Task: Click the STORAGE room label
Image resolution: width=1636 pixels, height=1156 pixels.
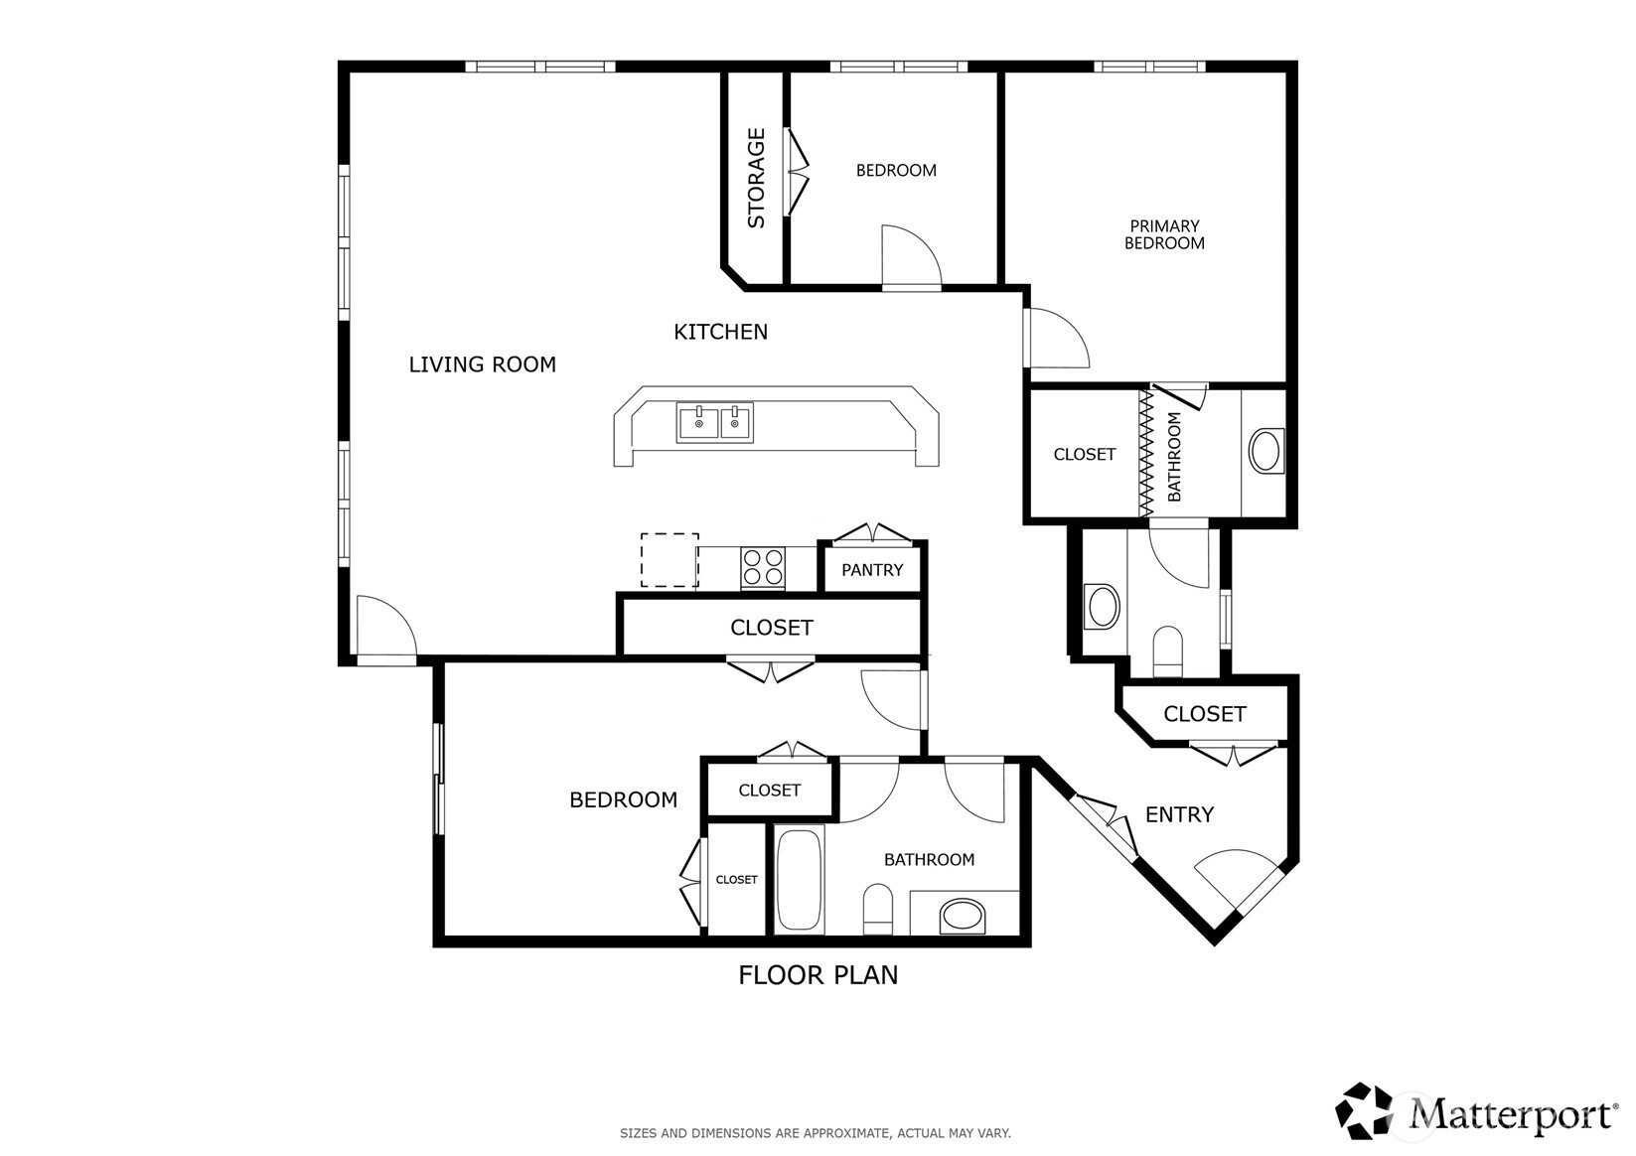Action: click(x=756, y=178)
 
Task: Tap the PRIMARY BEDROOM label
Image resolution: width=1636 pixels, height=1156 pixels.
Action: click(x=1164, y=234)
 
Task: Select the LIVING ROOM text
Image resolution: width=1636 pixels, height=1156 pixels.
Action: click(x=482, y=364)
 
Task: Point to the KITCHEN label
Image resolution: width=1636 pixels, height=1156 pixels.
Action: click(x=720, y=333)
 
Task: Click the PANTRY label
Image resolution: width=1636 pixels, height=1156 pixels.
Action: click(x=872, y=570)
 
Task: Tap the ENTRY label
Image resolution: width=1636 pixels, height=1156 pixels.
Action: click(x=1179, y=814)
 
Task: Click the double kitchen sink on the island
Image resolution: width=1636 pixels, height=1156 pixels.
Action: click(x=714, y=422)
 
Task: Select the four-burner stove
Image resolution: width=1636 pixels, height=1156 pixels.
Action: click(x=763, y=568)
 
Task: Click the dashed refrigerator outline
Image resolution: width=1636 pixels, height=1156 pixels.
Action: click(x=669, y=560)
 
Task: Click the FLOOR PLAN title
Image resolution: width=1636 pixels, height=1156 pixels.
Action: click(x=818, y=975)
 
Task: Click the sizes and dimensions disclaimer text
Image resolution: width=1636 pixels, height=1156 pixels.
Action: click(x=816, y=1133)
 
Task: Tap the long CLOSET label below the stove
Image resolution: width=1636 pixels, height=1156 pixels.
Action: click(x=771, y=628)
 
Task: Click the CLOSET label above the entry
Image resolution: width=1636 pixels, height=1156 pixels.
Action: click(x=1204, y=714)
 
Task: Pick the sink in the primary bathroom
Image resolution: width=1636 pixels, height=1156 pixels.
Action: click(x=1265, y=451)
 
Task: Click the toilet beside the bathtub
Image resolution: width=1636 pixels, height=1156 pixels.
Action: click(x=878, y=909)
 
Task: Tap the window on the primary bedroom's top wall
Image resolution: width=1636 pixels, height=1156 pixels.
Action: click(x=1149, y=67)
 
